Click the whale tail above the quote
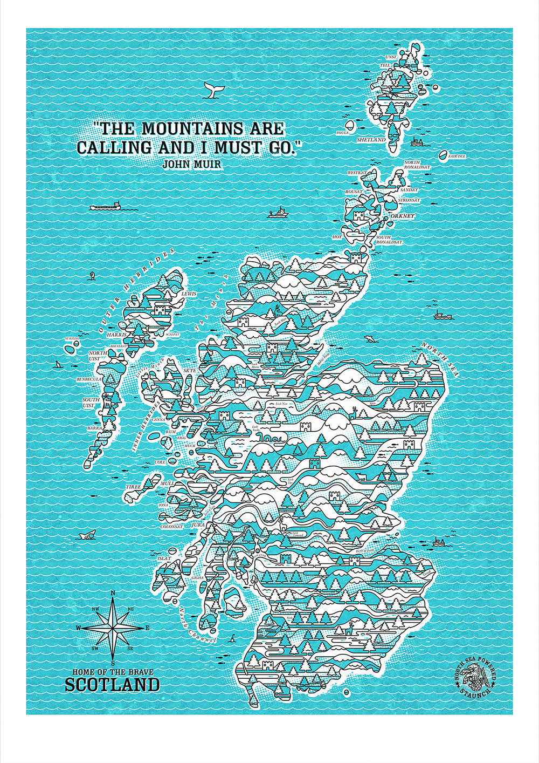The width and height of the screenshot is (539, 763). (212, 91)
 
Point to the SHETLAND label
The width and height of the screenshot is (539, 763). (371, 140)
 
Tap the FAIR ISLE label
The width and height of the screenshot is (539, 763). (457, 156)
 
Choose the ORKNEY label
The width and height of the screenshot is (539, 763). (403, 216)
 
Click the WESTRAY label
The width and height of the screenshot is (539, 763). (357, 173)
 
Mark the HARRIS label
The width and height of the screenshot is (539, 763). (116, 335)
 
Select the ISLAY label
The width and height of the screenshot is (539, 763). (163, 558)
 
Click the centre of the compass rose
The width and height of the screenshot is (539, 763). (113, 628)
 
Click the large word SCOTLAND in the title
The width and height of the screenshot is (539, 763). (112, 685)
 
